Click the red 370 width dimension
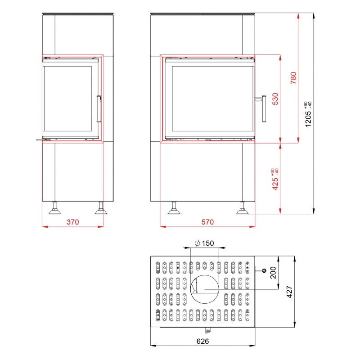pos(72,222)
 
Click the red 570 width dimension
pos(207,222)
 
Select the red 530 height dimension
pos(275,99)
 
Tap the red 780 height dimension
pos(293,78)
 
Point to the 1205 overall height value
pos(308,119)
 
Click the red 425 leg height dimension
pos(275,184)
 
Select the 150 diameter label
pos(208,243)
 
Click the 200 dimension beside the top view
pos(273,273)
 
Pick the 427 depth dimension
pos(289,292)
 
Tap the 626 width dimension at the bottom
pos(203,342)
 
